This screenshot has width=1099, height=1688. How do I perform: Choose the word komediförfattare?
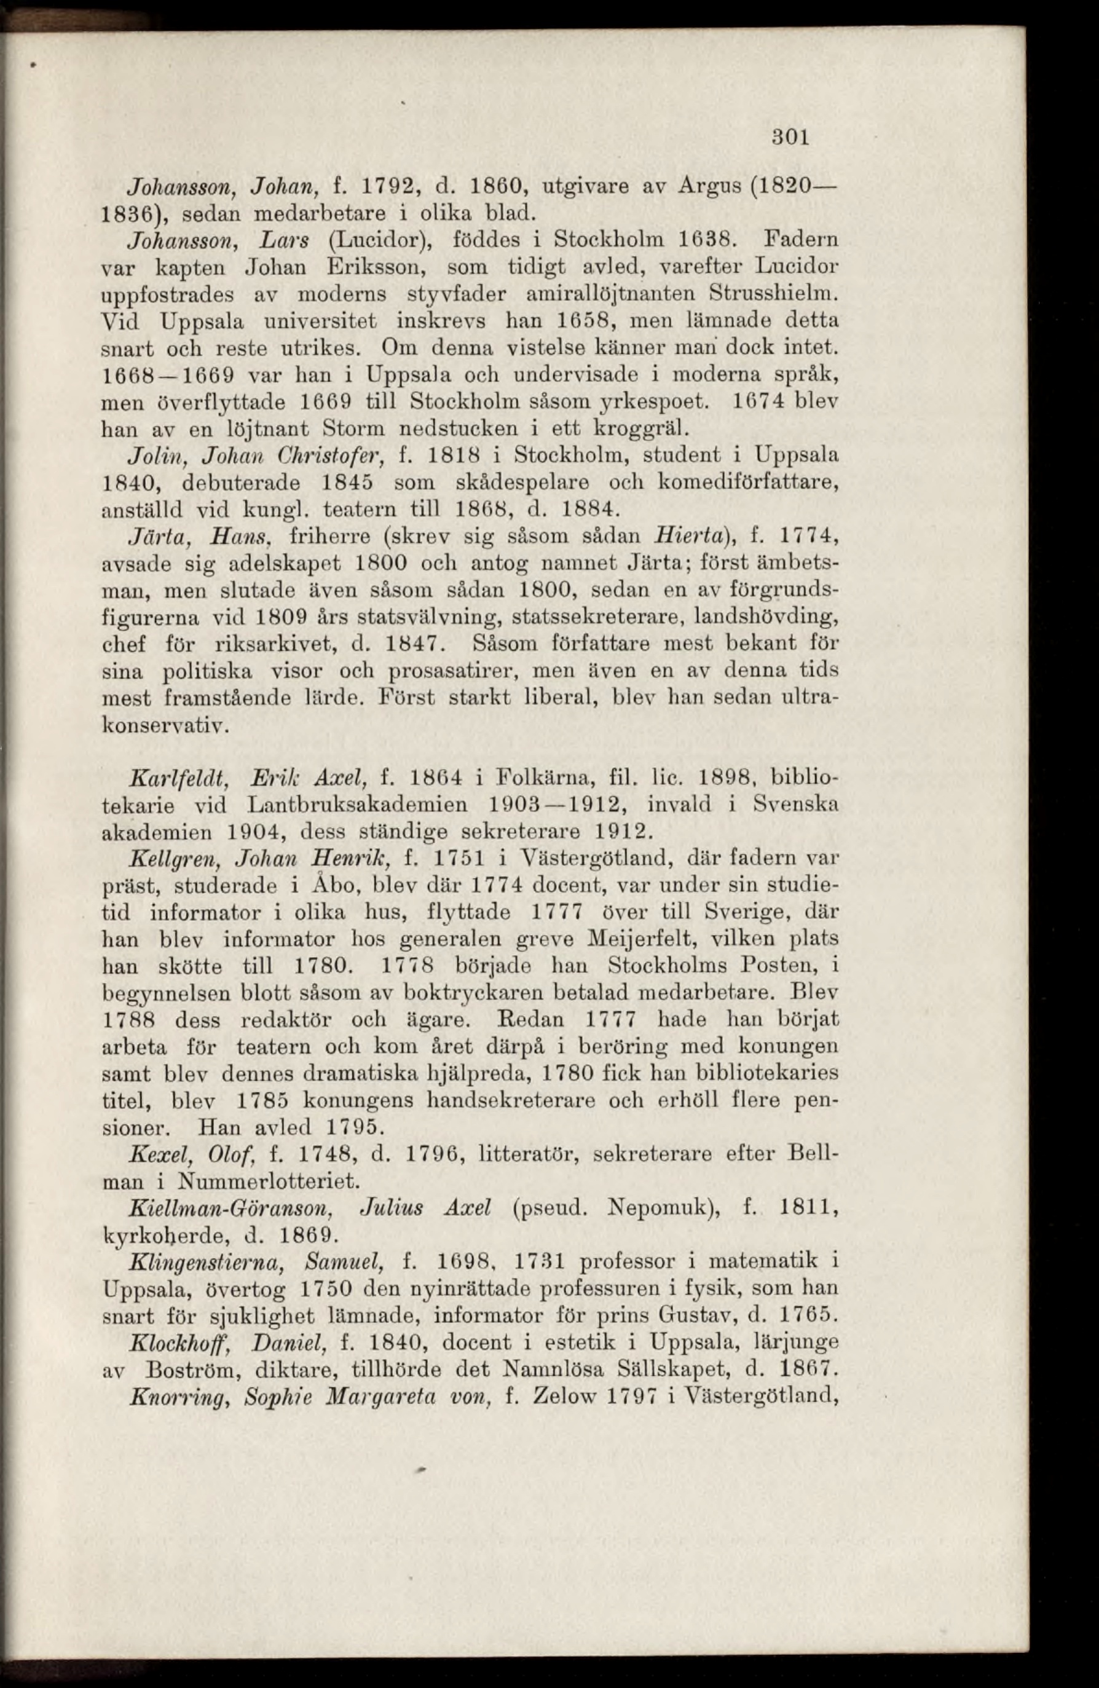tap(749, 483)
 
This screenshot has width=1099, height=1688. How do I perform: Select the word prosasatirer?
tap(454, 671)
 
